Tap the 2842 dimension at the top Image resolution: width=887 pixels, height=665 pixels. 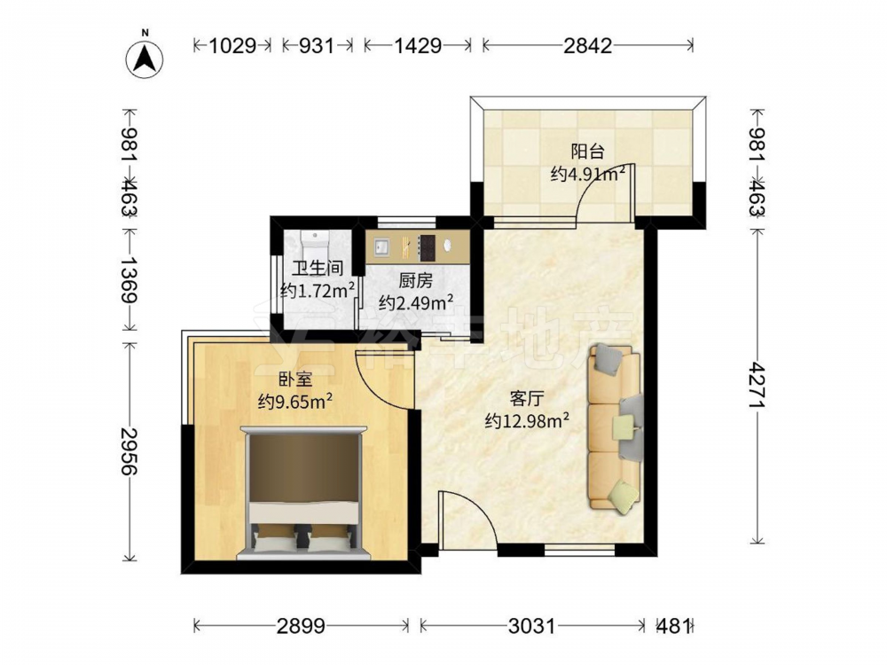coord(588,45)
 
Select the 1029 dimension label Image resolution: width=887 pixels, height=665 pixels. coord(232,45)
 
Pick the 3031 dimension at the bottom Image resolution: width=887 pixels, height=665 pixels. coord(531,626)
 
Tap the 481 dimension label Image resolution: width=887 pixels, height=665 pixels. coord(674,626)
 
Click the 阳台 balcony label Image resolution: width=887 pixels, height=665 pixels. coord(588,152)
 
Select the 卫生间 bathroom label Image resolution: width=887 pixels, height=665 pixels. coord(318,268)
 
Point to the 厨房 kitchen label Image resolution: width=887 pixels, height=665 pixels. coord(415,280)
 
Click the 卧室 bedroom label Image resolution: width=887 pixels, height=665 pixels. coord(295,379)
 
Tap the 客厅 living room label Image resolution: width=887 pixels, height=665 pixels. coord(527,398)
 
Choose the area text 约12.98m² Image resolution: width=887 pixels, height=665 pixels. coord(527,420)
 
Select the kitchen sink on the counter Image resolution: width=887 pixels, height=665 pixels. coord(381,247)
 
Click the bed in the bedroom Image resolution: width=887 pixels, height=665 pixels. coord(302,492)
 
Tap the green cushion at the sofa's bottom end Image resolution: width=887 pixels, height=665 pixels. coord(623,497)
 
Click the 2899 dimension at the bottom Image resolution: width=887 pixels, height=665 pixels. coord(301,626)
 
